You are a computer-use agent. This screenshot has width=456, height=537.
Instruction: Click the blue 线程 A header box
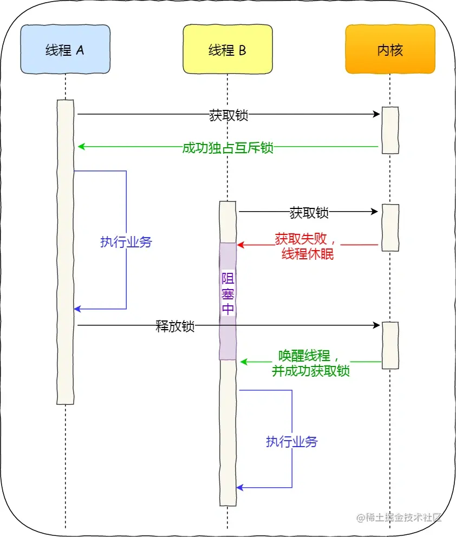pyautogui.click(x=65, y=50)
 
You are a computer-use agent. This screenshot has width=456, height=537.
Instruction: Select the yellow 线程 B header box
pyautogui.click(x=227, y=50)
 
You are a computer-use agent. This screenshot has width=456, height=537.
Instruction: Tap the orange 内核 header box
pyautogui.click(x=390, y=50)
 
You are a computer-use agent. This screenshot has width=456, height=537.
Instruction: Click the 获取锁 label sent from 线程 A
pyautogui.click(x=229, y=115)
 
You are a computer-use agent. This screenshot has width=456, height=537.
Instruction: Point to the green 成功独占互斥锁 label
pyautogui.click(x=228, y=148)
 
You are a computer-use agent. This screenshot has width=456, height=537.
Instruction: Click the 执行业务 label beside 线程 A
pyautogui.click(x=126, y=242)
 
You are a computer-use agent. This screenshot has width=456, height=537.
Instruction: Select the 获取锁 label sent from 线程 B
pyautogui.click(x=309, y=212)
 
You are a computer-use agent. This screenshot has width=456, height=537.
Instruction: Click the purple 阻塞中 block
pyautogui.click(x=228, y=301)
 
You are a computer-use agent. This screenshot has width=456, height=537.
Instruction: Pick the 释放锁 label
pyautogui.click(x=175, y=326)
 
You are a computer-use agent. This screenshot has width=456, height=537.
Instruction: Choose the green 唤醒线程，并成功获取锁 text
pyautogui.click(x=310, y=363)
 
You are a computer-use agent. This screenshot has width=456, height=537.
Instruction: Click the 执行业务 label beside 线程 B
pyautogui.click(x=292, y=441)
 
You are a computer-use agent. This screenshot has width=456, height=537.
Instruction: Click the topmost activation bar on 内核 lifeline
pyautogui.click(x=390, y=130)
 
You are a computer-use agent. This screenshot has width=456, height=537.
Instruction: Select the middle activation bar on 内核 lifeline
pyautogui.click(x=390, y=227)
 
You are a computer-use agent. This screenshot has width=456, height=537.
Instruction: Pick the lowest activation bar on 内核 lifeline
pyautogui.click(x=390, y=345)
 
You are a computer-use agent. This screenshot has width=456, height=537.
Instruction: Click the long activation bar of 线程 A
pyautogui.click(x=65, y=252)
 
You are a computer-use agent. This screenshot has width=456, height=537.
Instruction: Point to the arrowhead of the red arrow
pyautogui.click(x=240, y=245)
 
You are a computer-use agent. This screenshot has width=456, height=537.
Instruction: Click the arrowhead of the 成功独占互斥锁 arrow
pyautogui.click(x=81, y=147)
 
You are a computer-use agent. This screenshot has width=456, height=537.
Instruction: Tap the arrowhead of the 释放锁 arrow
pyautogui.click(x=377, y=325)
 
